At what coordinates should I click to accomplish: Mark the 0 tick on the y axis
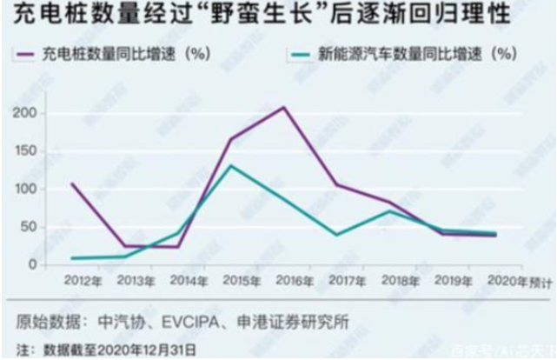coord(32,264)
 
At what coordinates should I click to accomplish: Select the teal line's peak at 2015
coord(229,165)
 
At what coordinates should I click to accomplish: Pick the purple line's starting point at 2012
coord(71,183)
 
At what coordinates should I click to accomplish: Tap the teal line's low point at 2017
coord(336,234)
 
